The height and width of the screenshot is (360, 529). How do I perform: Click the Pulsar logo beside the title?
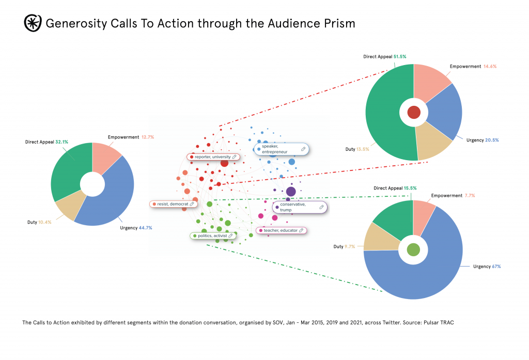pos(33,23)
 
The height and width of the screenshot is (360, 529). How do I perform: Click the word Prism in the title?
pos(339,24)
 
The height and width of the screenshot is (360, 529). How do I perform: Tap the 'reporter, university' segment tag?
pos(213,156)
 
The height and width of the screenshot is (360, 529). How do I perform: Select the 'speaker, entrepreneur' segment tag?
pos(281,149)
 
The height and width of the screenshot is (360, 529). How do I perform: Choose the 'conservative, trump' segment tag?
pos(300,207)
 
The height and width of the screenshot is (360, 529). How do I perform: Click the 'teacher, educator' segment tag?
pos(282,230)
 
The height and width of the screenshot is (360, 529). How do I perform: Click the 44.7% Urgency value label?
pos(145,228)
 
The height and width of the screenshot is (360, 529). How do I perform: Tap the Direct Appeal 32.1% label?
pos(47,142)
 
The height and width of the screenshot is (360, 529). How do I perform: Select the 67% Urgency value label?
pos(495,267)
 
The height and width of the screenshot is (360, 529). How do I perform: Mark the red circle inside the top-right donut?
pos(414,113)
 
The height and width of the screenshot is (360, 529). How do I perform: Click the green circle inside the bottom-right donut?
pos(413,250)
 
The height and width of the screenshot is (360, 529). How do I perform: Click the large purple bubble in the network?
pos(291,192)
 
